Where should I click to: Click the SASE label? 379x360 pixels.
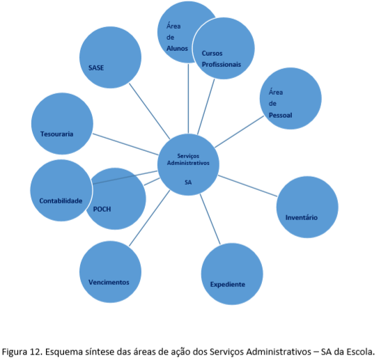click(x=96, y=68)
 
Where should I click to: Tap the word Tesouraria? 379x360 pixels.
click(x=57, y=134)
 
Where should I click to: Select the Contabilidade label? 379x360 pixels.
click(x=61, y=201)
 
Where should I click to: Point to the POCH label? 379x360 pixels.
click(x=102, y=209)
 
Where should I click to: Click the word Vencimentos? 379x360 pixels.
click(x=109, y=282)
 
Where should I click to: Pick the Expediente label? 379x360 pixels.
click(x=228, y=284)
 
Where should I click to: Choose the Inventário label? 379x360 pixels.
click(x=302, y=217)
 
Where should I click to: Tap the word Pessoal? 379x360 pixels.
click(x=280, y=116)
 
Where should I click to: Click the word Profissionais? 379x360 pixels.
click(x=222, y=65)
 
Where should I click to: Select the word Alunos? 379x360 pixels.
click(x=177, y=49)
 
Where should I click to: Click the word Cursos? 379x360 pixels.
click(x=212, y=53)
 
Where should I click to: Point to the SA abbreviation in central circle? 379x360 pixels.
click(x=188, y=182)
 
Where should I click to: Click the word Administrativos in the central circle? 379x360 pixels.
click(x=188, y=163)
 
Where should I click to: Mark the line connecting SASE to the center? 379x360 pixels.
click(x=149, y=111)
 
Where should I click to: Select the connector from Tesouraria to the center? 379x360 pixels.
click(x=125, y=144)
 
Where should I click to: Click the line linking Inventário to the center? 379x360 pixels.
click(x=247, y=186)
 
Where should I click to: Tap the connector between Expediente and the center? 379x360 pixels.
click(x=210, y=219)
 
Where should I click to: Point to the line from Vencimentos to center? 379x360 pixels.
click(x=149, y=218)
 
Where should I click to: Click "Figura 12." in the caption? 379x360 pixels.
click(x=22, y=352)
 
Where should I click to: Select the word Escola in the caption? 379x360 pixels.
click(x=361, y=352)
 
